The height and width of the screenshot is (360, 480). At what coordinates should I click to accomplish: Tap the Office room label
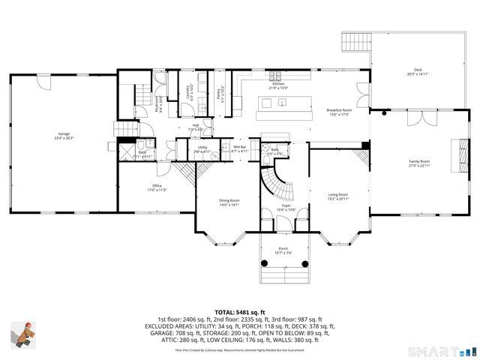(157, 187)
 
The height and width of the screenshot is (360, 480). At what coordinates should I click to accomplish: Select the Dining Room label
(229, 202)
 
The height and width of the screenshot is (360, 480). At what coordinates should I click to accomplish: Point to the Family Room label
(418, 163)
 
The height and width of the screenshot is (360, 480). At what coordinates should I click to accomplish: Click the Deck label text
(417, 72)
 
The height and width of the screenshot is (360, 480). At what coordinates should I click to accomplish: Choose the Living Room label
(338, 196)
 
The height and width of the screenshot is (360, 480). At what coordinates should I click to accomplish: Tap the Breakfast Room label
(338, 112)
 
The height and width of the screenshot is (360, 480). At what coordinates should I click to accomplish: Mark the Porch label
(283, 250)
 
